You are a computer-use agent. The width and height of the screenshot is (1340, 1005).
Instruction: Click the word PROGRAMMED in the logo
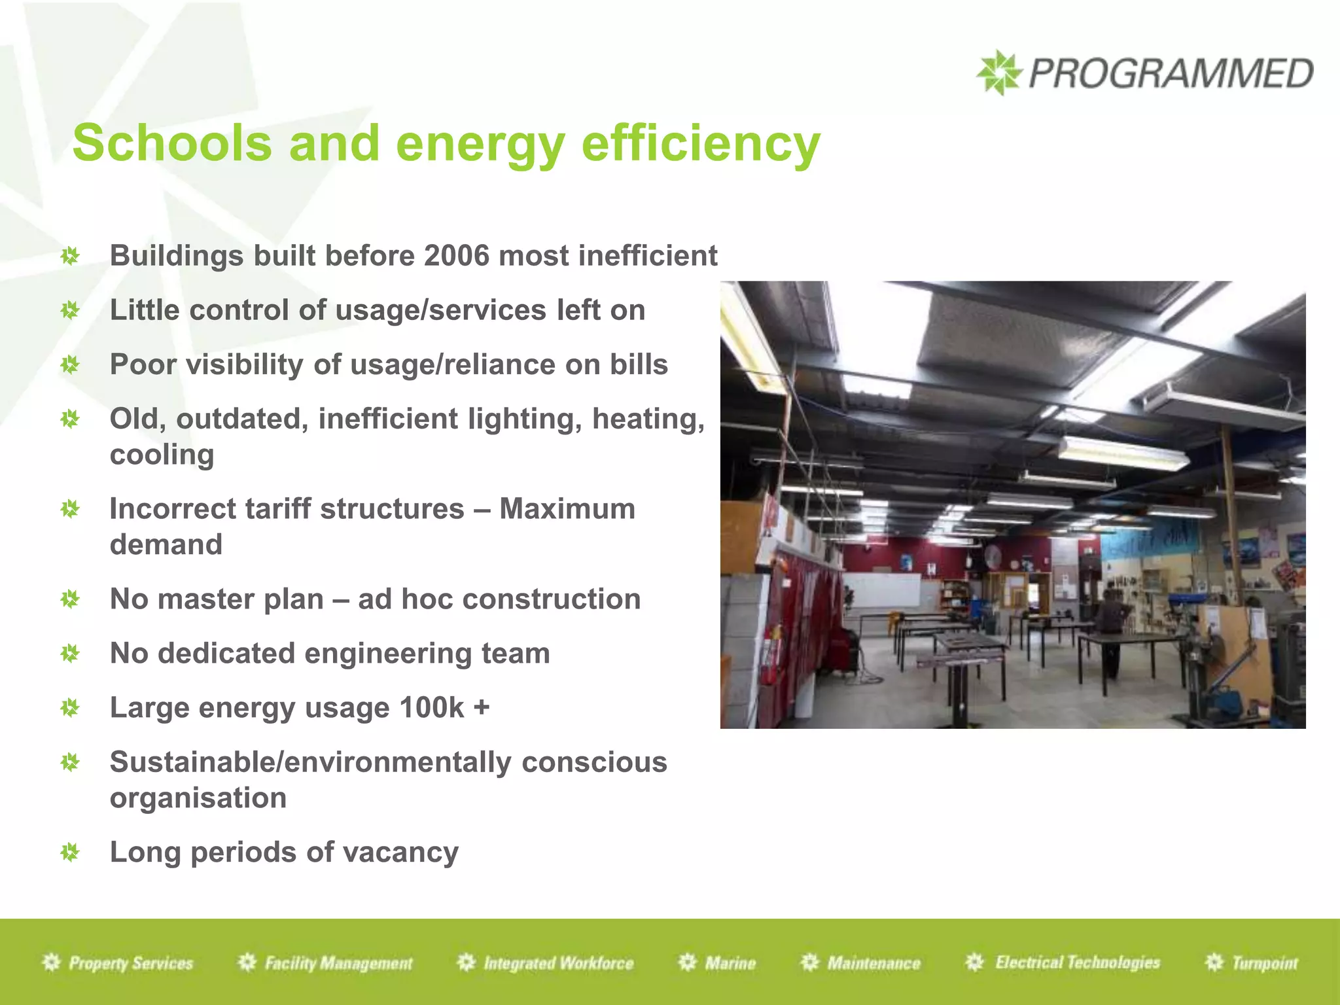tap(1171, 73)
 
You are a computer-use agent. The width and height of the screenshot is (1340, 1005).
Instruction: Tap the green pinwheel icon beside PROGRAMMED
tap(998, 73)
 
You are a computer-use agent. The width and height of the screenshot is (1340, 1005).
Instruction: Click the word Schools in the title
tap(172, 143)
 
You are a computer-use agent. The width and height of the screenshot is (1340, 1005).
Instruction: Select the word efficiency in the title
tap(701, 143)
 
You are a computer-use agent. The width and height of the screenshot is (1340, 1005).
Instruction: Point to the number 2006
tap(457, 256)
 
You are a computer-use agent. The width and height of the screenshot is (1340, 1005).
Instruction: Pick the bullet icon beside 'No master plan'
tap(70, 599)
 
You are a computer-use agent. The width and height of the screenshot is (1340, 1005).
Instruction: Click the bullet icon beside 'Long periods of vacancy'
tap(70, 853)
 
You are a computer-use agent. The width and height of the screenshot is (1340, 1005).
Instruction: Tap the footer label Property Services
tap(131, 963)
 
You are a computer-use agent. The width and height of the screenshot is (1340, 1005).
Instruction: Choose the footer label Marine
tap(730, 963)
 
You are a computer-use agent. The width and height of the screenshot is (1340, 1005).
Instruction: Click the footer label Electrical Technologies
tap(1077, 962)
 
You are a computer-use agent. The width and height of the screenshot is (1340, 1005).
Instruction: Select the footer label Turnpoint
tap(1264, 963)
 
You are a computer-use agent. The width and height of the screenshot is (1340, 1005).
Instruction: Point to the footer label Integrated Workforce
tap(558, 963)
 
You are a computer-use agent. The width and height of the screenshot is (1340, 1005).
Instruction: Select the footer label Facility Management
tap(338, 963)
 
